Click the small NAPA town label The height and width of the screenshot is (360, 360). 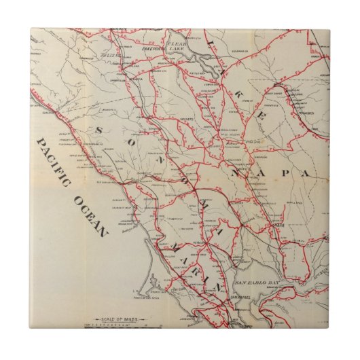click(x=278, y=225)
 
